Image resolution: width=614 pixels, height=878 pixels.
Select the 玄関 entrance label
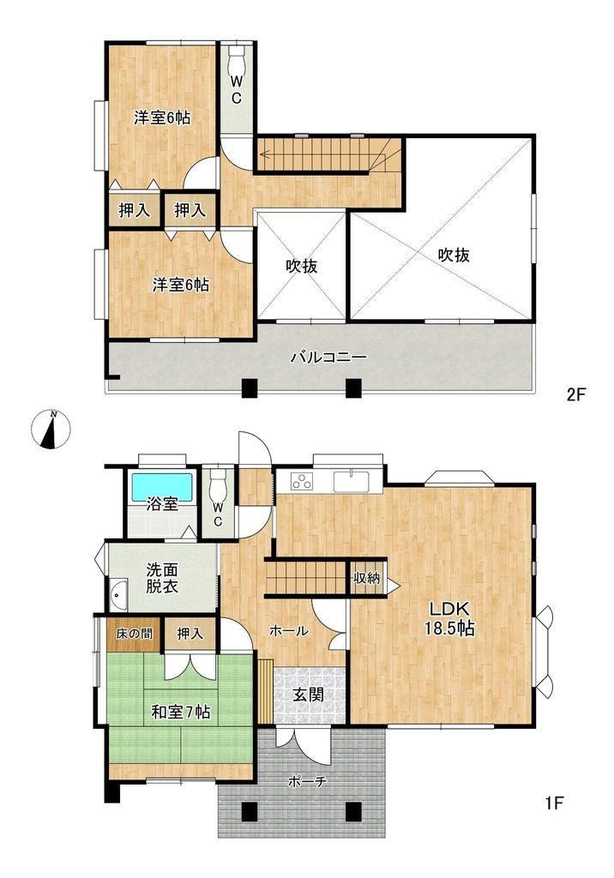[x=309, y=695]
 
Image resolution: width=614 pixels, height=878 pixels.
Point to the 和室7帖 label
[x=181, y=712]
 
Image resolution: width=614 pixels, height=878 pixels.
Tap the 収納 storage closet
[x=367, y=577]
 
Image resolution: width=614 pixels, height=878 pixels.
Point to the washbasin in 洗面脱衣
[x=118, y=594]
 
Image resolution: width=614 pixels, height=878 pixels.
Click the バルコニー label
[x=328, y=358]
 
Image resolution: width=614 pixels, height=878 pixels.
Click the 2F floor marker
[x=575, y=394]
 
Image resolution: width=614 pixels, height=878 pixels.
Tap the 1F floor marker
[x=553, y=803]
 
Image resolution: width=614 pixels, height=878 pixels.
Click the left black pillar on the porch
[x=250, y=811]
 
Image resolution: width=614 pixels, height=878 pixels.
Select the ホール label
[x=288, y=631]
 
